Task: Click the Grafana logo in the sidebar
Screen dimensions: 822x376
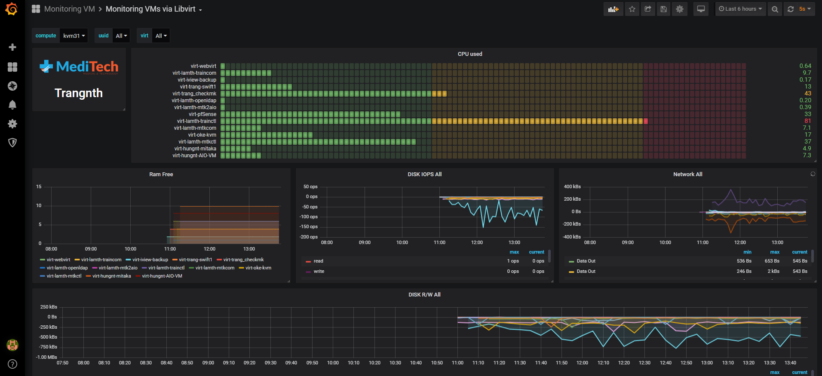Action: pyautogui.click(x=12, y=9)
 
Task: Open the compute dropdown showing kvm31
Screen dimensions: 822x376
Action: pyautogui.click(x=74, y=36)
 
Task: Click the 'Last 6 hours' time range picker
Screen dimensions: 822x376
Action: pyautogui.click(x=740, y=9)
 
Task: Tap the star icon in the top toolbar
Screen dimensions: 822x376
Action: pyautogui.click(x=632, y=9)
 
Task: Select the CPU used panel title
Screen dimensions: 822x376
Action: pyautogui.click(x=470, y=54)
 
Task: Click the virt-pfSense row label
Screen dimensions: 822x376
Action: pyautogui.click(x=202, y=114)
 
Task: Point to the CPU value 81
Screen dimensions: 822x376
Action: pyautogui.click(x=808, y=121)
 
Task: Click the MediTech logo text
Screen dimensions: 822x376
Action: pyautogui.click(x=87, y=67)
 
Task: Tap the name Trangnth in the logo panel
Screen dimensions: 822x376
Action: pyautogui.click(x=79, y=93)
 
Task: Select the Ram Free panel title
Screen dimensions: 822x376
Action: pyautogui.click(x=161, y=174)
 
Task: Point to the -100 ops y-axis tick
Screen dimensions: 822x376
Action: pyautogui.click(x=309, y=217)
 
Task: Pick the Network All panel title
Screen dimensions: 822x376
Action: pyautogui.click(x=688, y=174)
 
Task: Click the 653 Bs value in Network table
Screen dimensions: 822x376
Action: pyautogui.click(x=772, y=261)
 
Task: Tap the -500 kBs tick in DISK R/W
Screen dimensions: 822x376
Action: pyautogui.click(x=48, y=337)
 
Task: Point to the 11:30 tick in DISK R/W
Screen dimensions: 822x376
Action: pyautogui.click(x=520, y=363)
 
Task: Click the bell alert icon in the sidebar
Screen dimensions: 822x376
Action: pyautogui.click(x=12, y=105)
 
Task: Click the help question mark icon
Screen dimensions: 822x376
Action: pyautogui.click(x=12, y=364)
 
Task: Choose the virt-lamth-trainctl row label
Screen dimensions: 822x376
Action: pyautogui.click(x=197, y=121)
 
